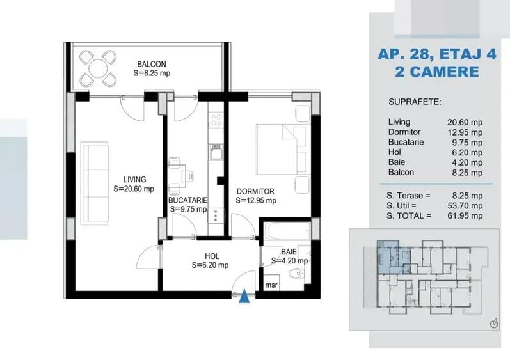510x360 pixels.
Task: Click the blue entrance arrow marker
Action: pos(244,297)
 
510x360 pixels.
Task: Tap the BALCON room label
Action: pos(152,64)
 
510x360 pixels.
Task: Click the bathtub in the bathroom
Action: pos(287,231)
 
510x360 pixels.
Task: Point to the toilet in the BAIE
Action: pos(297,274)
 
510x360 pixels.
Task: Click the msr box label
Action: pos(271,285)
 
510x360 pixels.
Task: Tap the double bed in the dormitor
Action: pos(282,149)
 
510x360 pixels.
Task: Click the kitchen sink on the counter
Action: pos(216,152)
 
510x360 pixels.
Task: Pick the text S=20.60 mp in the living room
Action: pos(134,189)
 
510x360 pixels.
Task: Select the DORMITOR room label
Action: pos(255,191)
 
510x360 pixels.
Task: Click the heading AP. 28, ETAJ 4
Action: pos(437,54)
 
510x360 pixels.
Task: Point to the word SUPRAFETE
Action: pos(415,102)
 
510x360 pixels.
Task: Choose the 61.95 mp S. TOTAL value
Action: pos(465,215)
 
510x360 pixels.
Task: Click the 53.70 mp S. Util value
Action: pos(465,206)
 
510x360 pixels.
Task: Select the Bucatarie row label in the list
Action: pos(406,142)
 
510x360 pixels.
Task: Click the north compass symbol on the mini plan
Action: pos(494,324)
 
